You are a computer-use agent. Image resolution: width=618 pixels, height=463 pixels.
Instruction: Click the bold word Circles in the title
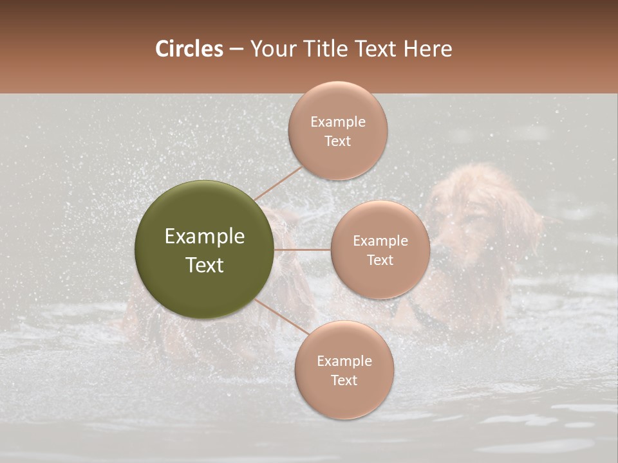tap(189, 49)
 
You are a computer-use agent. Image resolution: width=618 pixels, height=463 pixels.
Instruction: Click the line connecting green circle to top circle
tap(278, 183)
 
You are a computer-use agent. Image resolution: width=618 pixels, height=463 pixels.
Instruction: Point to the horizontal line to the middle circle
tap(303, 250)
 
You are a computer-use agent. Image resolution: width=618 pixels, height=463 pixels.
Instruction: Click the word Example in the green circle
tap(205, 237)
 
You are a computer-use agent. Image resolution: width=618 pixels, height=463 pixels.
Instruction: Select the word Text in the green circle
tap(205, 265)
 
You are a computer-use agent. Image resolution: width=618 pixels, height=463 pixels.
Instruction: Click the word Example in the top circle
tap(337, 122)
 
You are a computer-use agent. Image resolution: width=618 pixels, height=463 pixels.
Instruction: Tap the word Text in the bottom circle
tap(344, 380)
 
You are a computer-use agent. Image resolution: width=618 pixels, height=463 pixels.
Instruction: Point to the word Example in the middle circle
tap(380, 241)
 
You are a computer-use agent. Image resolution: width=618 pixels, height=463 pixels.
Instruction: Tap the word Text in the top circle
tap(337, 141)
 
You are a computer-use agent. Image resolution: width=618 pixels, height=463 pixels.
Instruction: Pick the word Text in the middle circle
tap(380, 260)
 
